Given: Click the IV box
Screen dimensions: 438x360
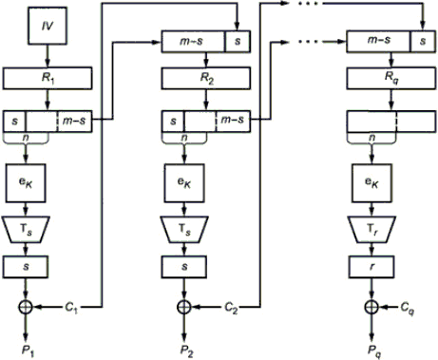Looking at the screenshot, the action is tap(48, 26).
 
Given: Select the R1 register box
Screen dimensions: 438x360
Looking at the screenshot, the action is tap(48, 78).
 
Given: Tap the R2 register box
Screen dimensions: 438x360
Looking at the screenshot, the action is tap(206, 78).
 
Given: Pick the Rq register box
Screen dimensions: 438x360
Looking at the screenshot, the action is tap(391, 78).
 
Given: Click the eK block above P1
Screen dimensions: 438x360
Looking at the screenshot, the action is tap(26, 183).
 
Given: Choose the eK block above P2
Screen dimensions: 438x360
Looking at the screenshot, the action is tap(184, 183).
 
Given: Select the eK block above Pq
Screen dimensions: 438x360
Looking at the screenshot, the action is tap(371, 183).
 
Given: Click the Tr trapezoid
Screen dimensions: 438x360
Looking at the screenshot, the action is tap(371, 229).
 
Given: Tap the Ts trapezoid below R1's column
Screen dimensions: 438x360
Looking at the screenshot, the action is tap(26, 229).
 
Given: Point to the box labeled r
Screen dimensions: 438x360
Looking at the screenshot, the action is tap(371, 267).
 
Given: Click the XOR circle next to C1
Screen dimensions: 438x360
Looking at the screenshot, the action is tap(26, 307).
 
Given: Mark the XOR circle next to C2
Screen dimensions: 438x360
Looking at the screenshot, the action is tap(184, 307).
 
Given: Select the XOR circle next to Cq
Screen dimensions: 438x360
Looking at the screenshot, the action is tap(371, 307).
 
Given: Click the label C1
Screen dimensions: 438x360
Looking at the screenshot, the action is tap(71, 307).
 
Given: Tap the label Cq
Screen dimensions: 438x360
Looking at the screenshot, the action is tap(408, 308).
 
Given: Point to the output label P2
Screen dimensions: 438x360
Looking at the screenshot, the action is tap(187, 351).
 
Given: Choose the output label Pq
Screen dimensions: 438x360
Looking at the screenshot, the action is tap(374, 351).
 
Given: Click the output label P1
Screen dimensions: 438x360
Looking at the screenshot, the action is tap(28, 351).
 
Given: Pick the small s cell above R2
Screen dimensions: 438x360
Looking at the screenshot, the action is tap(238, 41).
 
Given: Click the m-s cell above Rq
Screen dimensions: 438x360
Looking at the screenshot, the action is tap(378, 41).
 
